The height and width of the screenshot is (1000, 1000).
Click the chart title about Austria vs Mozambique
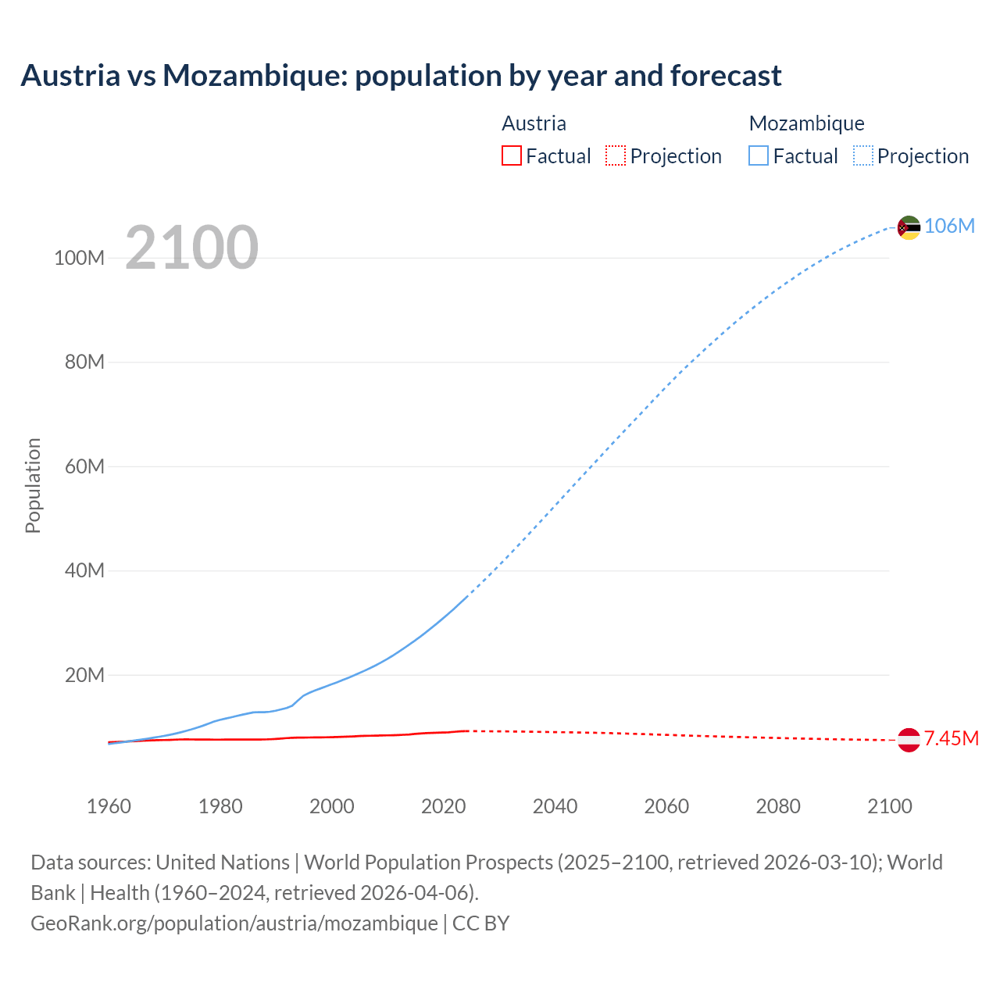pyautogui.click(x=401, y=76)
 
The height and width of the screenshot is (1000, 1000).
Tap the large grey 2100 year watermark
pyautogui.click(x=191, y=247)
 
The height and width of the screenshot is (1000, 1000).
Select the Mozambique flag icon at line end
pyautogui.click(x=909, y=227)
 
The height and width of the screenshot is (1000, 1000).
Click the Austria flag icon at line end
pyautogui.click(x=909, y=739)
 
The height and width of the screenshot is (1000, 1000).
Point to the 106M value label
pyautogui.click(x=949, y=226)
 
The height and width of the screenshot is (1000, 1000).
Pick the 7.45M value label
pyautogui.click(x=951, y=738)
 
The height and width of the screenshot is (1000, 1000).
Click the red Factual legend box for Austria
pyautogui.click(x=512, y=156)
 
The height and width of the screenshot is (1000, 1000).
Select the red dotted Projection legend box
pyautogui.click(x=616, y=156)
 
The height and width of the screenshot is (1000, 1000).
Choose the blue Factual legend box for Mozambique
pyautogui.click(x=759, y=156)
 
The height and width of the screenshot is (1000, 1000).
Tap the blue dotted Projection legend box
pyautogui.click(x=863, y=156)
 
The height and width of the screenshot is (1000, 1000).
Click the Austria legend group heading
pyautogui.click(x=534, y=123)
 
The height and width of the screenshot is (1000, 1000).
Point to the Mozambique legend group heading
pyautogui.click(x=806, y=123)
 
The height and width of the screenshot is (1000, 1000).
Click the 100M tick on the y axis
pyautogui.click(x=79, y=258)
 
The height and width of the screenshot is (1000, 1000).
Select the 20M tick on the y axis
pyautogui.click(x=84, y=675)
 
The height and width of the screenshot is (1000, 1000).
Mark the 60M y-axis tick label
pyautogui.click(x=84, y=466)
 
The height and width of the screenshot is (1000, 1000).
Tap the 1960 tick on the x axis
pyautogui.click(x=109, y=806)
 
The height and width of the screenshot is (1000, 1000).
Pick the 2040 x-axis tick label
pyautogui.click(x=555, y=806)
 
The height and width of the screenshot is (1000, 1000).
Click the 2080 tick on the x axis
pyautogui.click(x=778, y=806)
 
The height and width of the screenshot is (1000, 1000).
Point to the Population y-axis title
pyautogui.click(x=33, y=485)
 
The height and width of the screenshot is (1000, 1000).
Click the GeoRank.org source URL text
pyautogui.click(x=234, y=923)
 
